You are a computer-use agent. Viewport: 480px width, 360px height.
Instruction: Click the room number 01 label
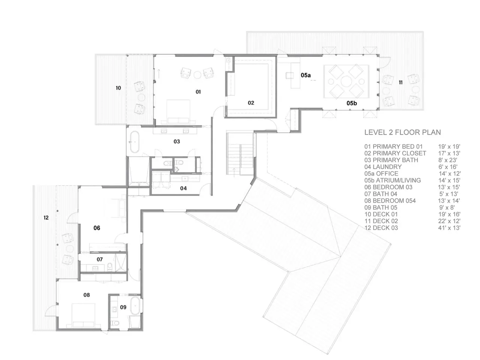tap(198, 92)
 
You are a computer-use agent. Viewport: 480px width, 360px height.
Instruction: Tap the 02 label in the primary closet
tap(251, 103)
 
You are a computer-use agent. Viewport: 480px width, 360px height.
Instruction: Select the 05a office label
tap(306, 75)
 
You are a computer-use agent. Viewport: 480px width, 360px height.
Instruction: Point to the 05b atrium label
tap(352, 103)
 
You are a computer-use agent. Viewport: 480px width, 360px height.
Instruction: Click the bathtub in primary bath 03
tap(135, 142)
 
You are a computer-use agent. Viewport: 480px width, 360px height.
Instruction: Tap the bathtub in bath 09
tap(135, 306)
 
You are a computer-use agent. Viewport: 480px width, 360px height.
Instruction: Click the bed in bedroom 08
tap(83, 315)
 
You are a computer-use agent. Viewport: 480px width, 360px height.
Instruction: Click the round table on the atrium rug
tap(346, 81)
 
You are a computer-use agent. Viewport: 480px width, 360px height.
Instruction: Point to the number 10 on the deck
tap(118, 88)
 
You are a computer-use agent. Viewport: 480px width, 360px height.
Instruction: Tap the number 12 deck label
tap(46, 217)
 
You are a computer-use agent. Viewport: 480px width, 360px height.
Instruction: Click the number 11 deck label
tap(400, 82)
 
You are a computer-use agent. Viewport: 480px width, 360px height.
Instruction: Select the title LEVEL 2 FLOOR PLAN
tap(402, 132)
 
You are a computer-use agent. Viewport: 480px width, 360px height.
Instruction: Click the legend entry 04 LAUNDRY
tap(383, 167)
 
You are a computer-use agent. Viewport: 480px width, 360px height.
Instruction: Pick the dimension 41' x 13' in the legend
tap(449, 228)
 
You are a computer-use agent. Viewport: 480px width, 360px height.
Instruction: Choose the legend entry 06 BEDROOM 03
tap(388, 187)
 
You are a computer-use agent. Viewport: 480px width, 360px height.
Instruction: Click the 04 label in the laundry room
tap(183, 188)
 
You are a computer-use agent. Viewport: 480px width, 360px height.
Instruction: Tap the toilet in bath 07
tap(110, 267)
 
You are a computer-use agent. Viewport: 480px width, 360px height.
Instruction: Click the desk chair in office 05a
tap(289, 75)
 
